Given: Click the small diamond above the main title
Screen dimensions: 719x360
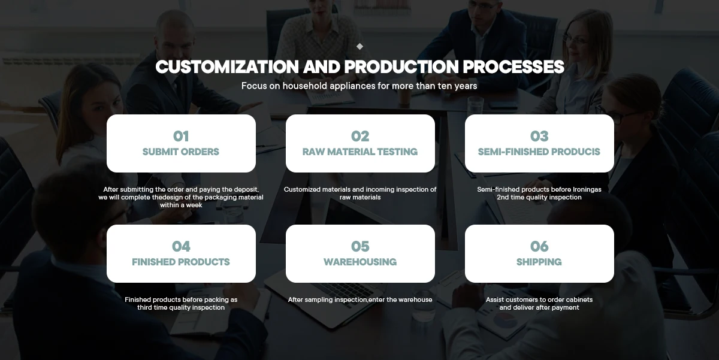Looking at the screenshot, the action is (x=359, y=47).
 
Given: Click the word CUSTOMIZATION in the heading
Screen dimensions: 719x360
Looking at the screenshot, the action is (x=227, y=66).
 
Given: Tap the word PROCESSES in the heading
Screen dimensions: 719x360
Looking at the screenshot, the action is (x=513, y=66).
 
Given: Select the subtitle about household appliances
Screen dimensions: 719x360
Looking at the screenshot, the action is (x=359, y=86).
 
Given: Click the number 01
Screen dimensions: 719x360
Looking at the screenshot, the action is (x=181, y=136).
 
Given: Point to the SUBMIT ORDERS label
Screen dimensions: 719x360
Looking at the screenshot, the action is (x=181, y=152).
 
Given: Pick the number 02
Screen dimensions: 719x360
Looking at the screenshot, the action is (x=360, y=136).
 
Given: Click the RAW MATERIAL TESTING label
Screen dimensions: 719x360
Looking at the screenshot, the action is (x=360, y=152).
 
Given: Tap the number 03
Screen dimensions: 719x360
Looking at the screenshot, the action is (x=539, y=136).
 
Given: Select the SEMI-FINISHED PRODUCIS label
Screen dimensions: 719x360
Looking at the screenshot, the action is (x=539, y=152).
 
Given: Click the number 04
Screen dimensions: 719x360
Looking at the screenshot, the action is (x=181, y=246).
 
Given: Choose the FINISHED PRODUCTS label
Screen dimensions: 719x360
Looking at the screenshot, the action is (x=181, y=262).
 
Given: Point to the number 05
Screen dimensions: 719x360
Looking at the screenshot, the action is (x=360, y=246).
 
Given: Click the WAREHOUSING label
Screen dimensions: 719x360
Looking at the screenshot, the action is (x=360, y=262).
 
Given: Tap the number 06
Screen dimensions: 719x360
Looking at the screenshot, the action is (x=539, y=246).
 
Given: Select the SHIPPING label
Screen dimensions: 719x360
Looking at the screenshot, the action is (x=539, y=262).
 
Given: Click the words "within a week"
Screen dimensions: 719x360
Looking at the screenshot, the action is (x=181, y=205).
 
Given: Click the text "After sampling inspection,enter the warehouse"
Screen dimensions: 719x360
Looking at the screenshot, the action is (x=360, y=300).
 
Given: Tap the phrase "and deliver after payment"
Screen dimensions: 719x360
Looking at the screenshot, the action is (x=539, y=307).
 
